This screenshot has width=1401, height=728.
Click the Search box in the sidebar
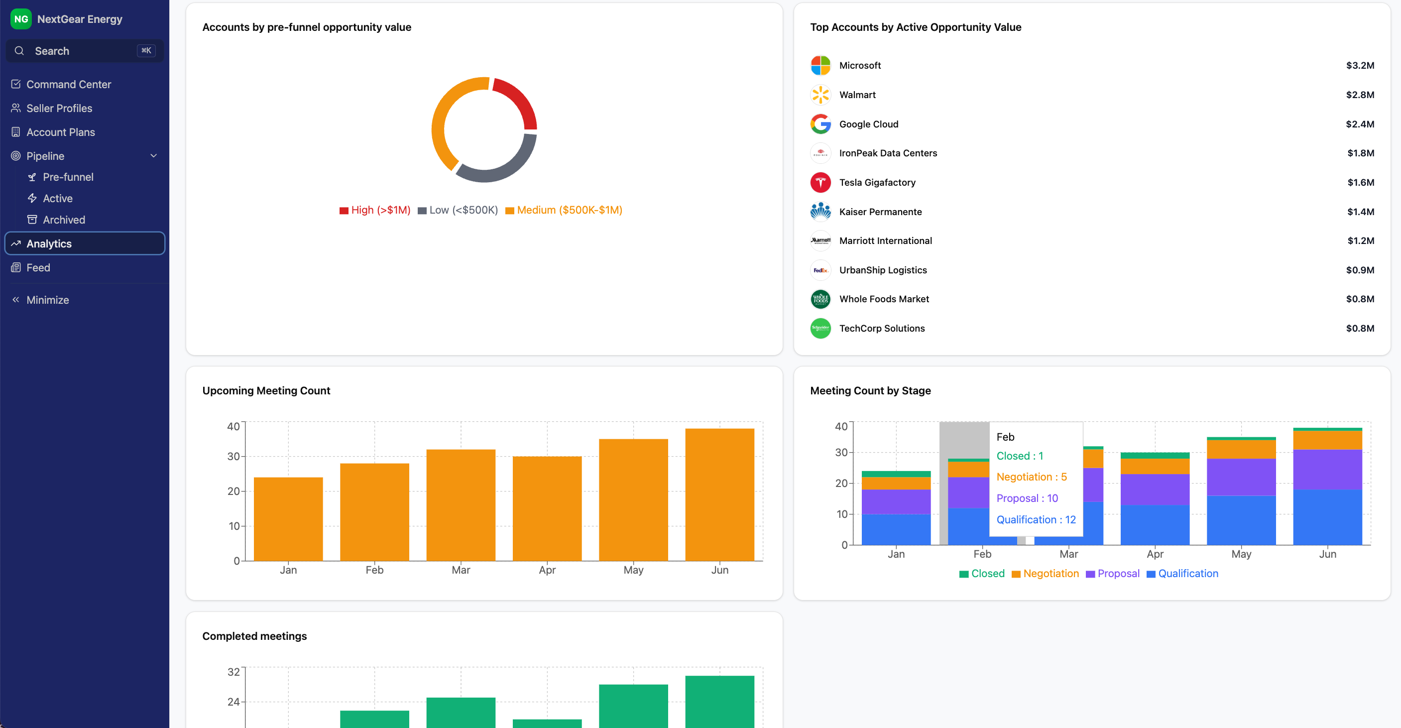tap(84, 51)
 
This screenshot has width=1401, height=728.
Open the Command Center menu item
tap(69, 84)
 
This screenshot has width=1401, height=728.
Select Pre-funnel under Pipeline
tap(68, 177)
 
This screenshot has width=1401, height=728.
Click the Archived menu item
tap(64, 220)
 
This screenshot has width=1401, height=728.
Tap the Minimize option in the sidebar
tap(47, 300)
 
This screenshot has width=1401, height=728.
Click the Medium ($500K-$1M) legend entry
tap(569, 210)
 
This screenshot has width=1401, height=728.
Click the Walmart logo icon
tap(820, 95)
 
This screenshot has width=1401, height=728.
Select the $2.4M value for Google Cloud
tap(1360, 124)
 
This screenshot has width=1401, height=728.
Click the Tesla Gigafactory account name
tap(877, 182)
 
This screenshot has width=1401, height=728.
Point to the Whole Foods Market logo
tap(820, 299)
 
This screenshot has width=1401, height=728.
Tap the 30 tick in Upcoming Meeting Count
tap(233, 457)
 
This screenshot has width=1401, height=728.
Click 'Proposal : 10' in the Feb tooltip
tap(1027, 498)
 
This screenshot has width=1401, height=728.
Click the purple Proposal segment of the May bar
tap(1241, 477)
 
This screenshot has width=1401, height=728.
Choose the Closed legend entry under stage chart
tap(987, 574)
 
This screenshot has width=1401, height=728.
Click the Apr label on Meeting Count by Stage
tap(1155, 554)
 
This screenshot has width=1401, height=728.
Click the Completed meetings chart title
tap(254, 636)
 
